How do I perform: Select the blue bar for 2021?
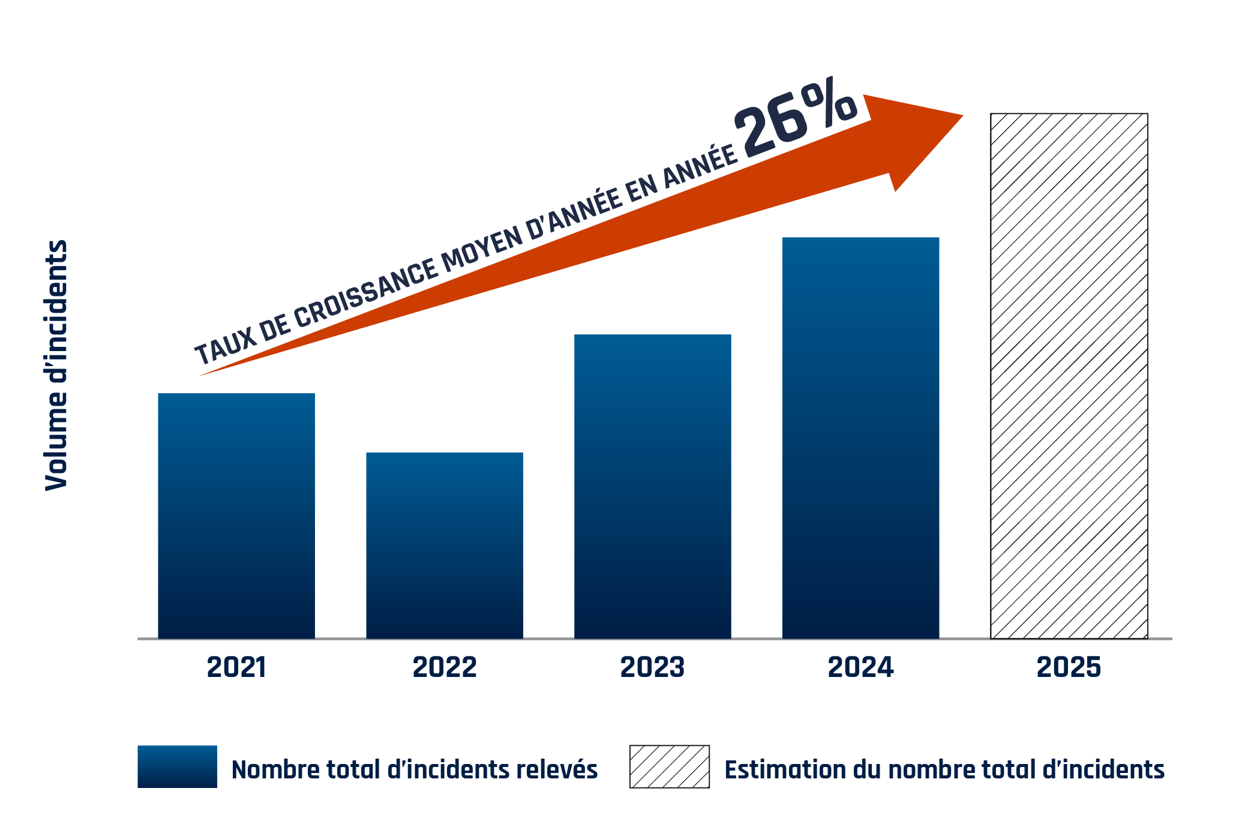[236, 516]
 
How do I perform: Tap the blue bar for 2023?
[653, 486]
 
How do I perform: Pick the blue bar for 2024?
[860, 438]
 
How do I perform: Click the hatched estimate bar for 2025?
[1069, 376]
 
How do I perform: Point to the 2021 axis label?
[236, 667]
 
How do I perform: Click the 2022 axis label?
[445, 667]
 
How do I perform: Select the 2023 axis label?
[652, 667]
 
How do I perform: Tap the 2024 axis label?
[860, 667]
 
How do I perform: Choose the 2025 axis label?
[1069, 667]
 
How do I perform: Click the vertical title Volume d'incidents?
[56, 365]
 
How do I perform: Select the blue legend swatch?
[177, 766]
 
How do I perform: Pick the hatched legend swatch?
[669, 766]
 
